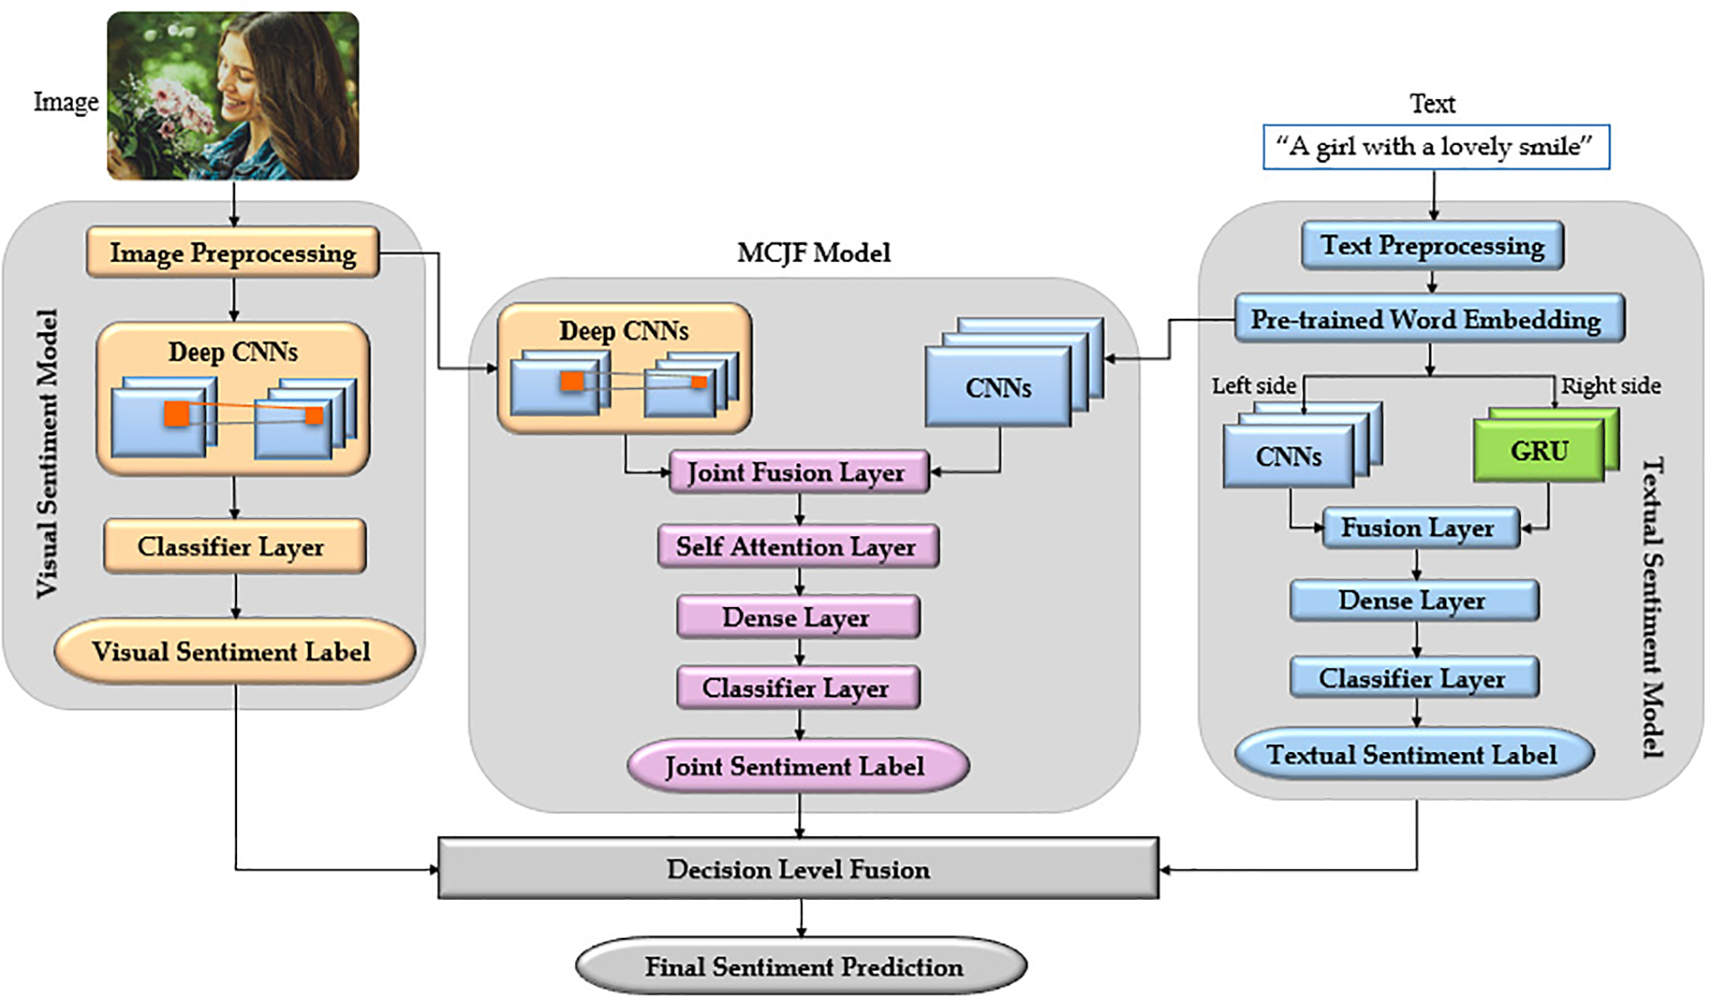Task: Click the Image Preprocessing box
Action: coord(232,253)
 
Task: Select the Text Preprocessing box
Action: coord(1432,246)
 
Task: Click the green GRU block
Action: coord(1539,450)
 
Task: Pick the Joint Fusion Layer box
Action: coord(797,473)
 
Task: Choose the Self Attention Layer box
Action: coord(797,547)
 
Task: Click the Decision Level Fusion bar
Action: coord(797,869)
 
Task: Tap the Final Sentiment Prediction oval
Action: coord(801,967)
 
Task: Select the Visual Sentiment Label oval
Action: coord(232,651)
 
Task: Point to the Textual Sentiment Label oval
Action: coord(1412,755)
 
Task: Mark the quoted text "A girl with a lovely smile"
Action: coord(1434,147)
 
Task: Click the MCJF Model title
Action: coord(814,253)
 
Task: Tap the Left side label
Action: coord(1253,386)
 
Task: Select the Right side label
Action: coord(1611,386)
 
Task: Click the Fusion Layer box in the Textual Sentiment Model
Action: coord(1418,528)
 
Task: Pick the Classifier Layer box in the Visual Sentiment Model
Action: coord(232,547)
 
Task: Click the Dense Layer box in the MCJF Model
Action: coord(797,618)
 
